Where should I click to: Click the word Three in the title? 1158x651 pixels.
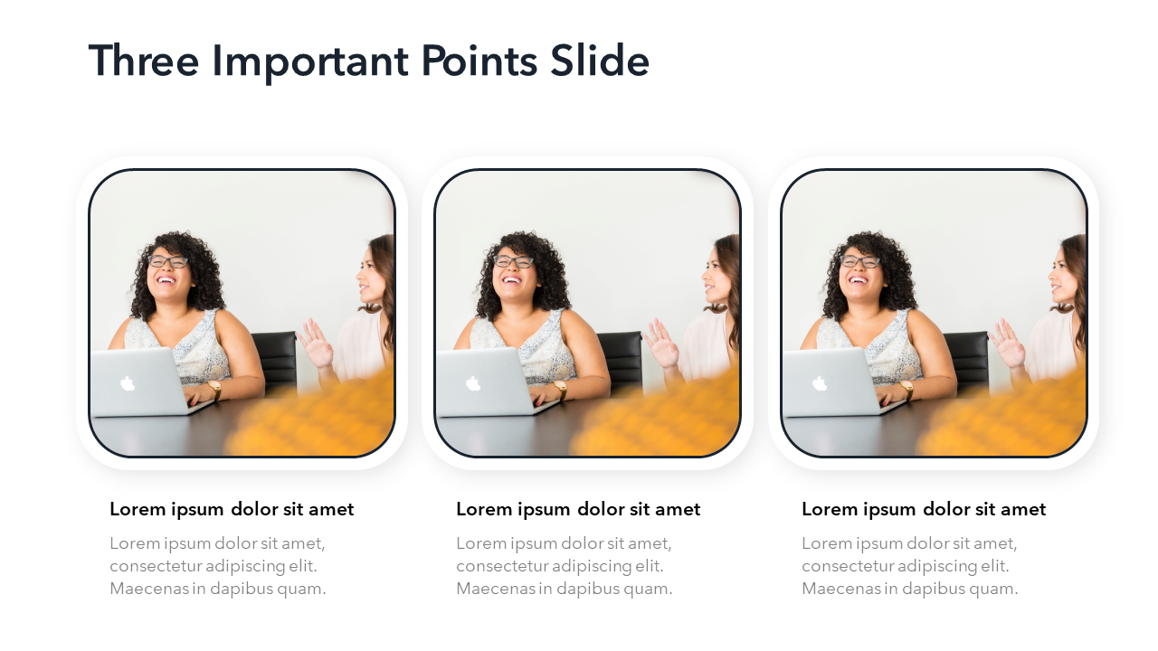[144, 61]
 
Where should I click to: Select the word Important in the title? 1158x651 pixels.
[310, 62]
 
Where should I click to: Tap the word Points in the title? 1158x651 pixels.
[479, 61]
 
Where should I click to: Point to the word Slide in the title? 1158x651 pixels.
[599, 60]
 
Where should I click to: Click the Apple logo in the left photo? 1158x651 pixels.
[128, 383]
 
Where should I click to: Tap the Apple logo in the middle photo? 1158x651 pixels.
[473, 383]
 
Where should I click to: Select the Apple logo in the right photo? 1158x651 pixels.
[820, 383]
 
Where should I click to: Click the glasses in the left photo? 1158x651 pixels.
[167, 261]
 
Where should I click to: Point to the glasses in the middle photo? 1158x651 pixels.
[513, 261]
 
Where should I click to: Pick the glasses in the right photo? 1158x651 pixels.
[859, 261]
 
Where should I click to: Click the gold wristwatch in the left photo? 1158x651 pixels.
[215, 390]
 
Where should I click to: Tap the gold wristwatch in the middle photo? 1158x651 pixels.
[561, 390]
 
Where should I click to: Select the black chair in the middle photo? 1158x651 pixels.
[620, 362]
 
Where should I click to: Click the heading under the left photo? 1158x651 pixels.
[232, 509]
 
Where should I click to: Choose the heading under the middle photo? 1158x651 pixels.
[578, 509]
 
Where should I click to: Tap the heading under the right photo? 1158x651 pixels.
[924, 509]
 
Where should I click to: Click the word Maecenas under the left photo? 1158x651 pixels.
[149, 588]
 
